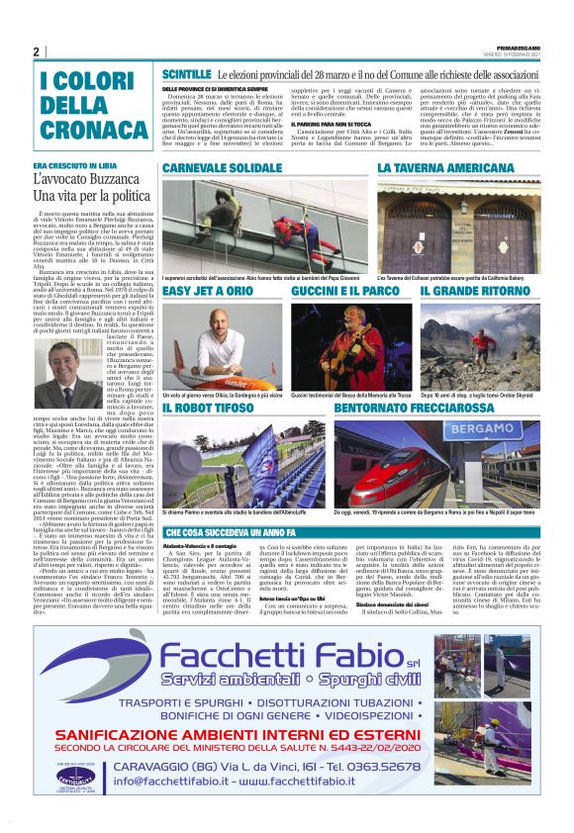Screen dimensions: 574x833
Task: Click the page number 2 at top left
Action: click(x=37, y=51)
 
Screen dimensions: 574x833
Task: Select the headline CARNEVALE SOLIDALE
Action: click(x=223, y=169)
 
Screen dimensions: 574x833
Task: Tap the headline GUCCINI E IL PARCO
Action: click(x=340, y=292)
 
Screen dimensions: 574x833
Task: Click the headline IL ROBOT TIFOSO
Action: click(x=215, y=407)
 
